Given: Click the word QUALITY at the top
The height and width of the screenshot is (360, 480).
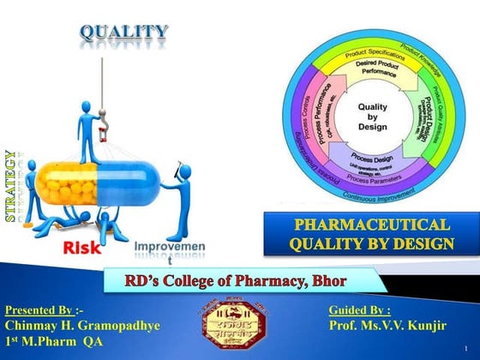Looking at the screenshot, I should pos(124,33).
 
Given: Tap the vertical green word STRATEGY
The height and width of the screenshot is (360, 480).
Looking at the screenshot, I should pos(11,186).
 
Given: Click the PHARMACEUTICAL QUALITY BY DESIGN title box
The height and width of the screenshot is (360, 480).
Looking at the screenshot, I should pos(370,236).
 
